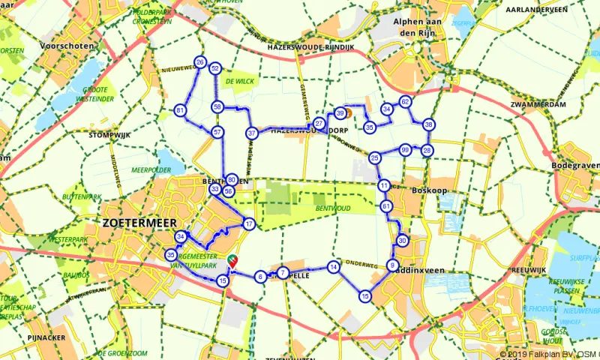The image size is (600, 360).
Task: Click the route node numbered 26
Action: (199, 61)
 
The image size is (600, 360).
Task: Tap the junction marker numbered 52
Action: (215, 68)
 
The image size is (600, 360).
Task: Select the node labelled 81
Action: (180, 110)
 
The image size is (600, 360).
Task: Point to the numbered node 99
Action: (405, 149)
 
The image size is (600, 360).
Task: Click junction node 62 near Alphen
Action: (405, 101)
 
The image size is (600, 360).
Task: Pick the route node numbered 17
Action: (249, 223)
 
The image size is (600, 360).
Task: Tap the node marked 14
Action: (334, 267)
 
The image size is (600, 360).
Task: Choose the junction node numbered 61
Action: (386, 205)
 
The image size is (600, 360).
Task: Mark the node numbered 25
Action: (374, 157)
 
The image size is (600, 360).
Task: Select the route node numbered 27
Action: (319, 123)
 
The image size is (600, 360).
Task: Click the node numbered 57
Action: (217, 132)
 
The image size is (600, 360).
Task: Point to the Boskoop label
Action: (430, 190)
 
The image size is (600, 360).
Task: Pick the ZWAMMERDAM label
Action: (537, 104)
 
